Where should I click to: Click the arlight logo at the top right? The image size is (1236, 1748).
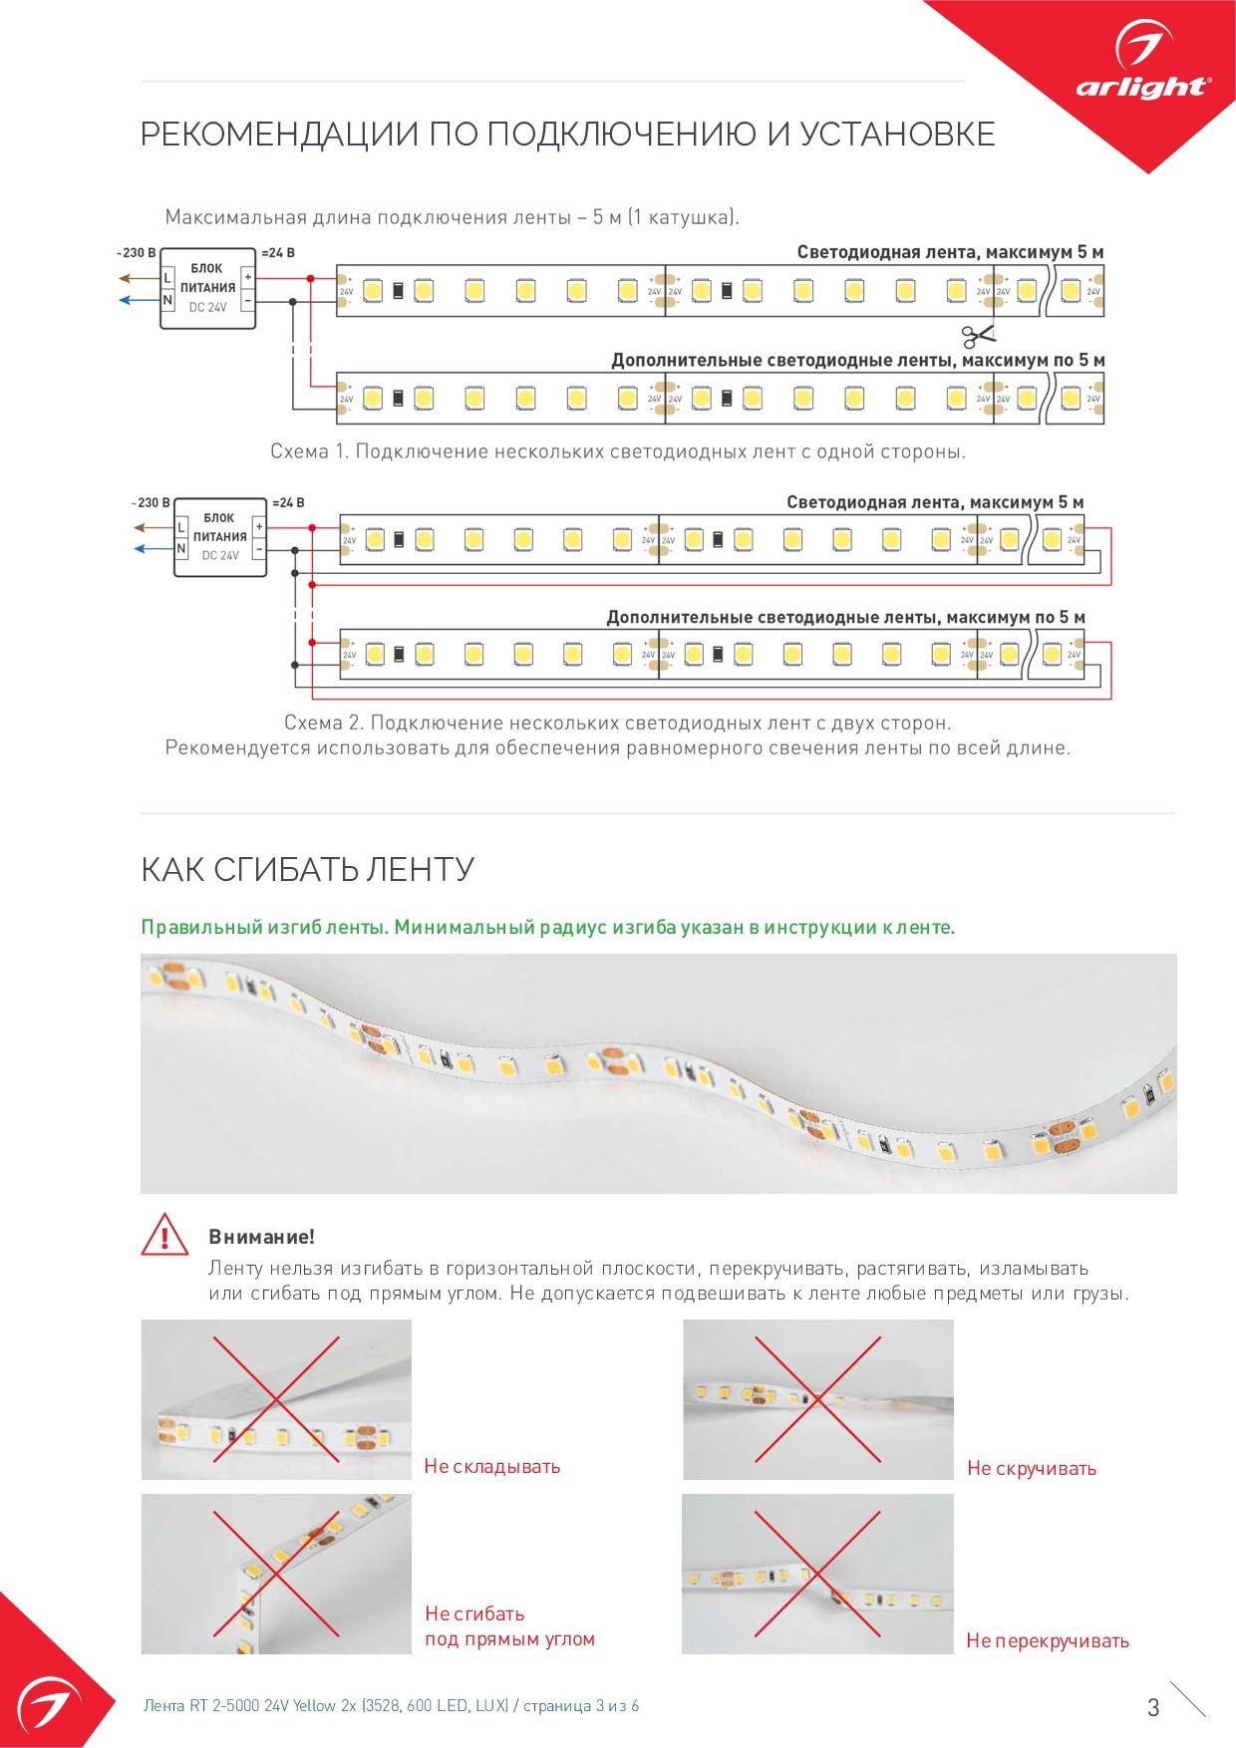(1142, 70)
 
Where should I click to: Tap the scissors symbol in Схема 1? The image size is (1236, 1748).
(978, 336)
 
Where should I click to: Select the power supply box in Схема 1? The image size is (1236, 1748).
(208, 288)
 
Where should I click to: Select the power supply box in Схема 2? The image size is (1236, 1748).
(220, 538)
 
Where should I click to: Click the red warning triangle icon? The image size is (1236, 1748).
(164, 1235)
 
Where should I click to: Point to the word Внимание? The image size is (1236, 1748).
(261, 1237)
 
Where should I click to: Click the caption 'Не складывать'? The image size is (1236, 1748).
(492, 1466)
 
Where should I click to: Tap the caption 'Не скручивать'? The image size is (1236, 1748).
(1032, 1468)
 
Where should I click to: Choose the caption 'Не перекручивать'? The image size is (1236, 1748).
(1048, 1641)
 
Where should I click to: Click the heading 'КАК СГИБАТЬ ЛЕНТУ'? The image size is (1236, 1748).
(307, 869)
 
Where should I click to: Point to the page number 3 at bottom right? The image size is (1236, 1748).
(1153, 1707)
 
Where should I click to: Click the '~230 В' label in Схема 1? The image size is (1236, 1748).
(137, 253)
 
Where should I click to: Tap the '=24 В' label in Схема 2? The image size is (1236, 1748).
(287, 503)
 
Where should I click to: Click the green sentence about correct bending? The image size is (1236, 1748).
(547, 927)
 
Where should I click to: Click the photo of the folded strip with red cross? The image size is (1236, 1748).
(276, 1399)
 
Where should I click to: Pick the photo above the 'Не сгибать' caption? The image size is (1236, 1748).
(276, 1574)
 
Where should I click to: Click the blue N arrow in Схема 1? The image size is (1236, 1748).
(138, 299)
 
